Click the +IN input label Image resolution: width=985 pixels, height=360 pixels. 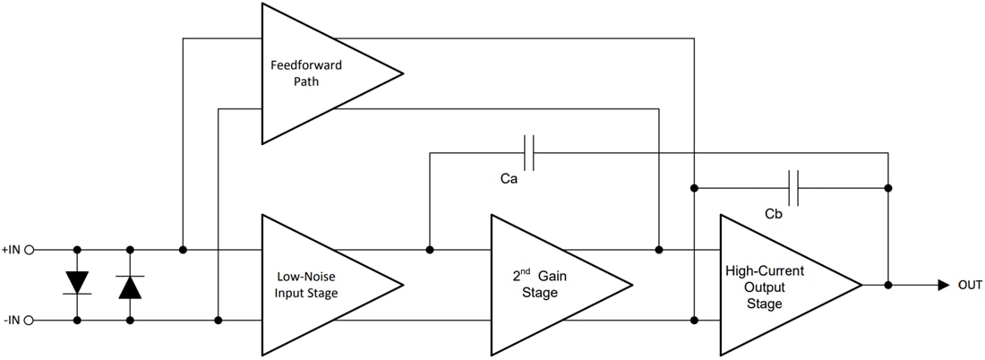(12, 250)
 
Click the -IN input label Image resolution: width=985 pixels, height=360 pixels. (12, 320)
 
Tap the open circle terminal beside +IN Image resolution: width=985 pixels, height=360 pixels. (30, 250)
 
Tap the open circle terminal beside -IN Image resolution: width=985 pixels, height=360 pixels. (30, 320)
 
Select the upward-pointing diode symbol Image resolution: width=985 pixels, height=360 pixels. (131, 286)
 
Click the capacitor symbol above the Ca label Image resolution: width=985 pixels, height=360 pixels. (529, 153)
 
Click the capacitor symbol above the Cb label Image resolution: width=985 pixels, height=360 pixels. (792, 188)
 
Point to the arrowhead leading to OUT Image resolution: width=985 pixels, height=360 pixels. (944, 285)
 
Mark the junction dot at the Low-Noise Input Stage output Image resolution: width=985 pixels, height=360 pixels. (430, 250)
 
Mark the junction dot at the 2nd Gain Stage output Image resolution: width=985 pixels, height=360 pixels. (659, 250)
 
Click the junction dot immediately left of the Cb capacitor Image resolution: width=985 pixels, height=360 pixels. (694, 188)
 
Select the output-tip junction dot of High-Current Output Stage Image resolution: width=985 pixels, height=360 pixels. (887, 285)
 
